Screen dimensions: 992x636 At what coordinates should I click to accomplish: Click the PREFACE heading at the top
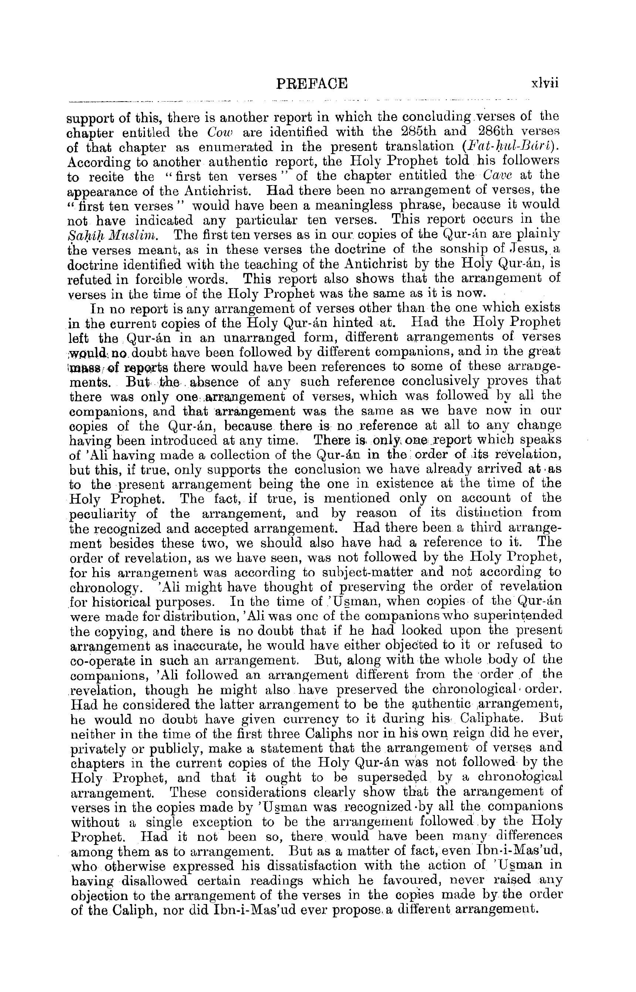point(312,84)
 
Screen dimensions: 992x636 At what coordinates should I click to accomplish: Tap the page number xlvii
point(544,84)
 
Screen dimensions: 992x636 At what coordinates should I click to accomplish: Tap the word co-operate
point(103,661)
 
